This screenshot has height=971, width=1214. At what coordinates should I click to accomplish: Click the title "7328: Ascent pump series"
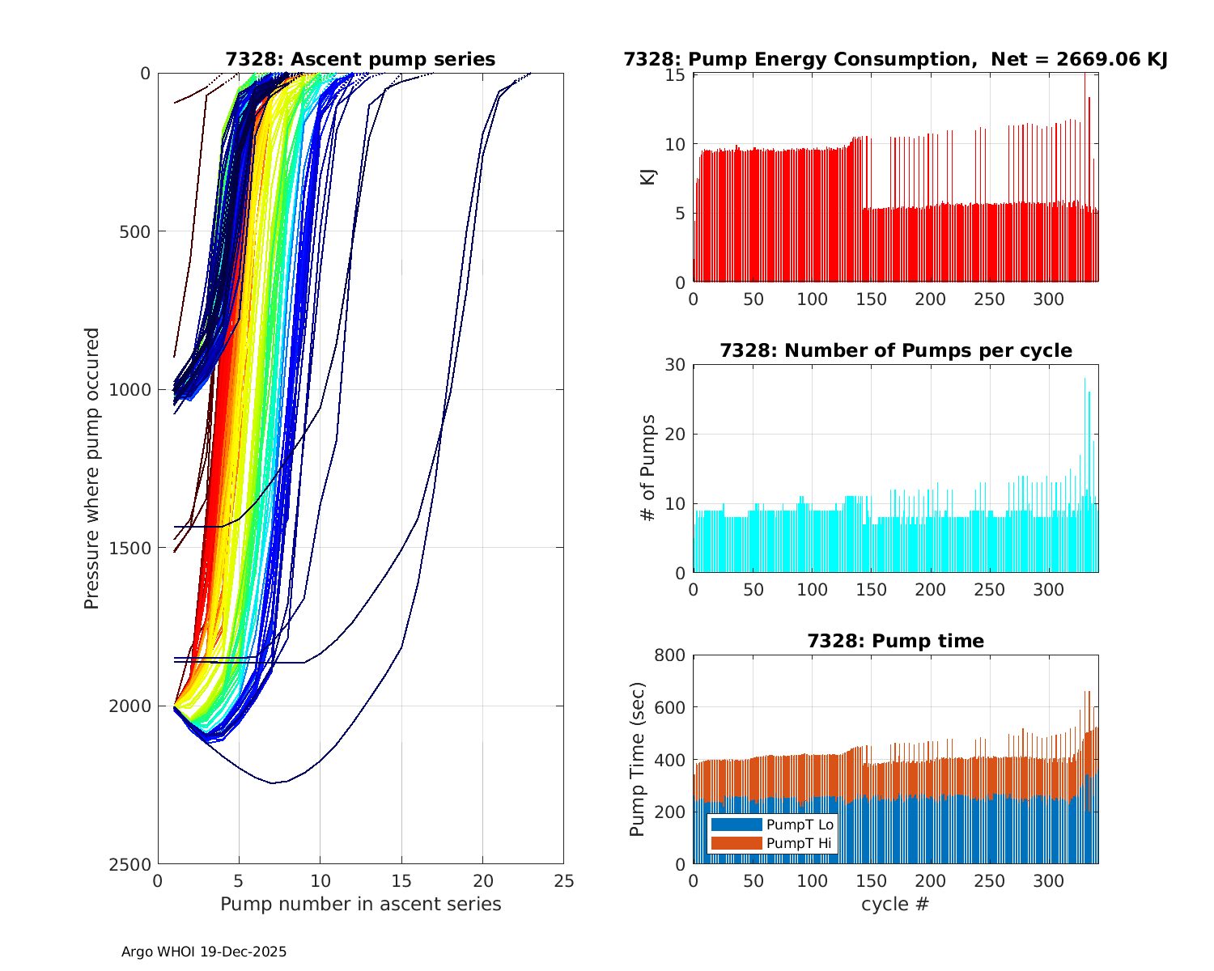[360, 59]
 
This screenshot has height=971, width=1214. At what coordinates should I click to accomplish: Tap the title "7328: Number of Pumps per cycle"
[895, 350]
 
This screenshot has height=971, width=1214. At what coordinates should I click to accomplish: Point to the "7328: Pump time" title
[895, 641]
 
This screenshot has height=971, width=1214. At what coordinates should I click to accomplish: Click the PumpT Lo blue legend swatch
[736, 825]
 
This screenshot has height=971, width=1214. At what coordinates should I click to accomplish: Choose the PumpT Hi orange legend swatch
[736, 843]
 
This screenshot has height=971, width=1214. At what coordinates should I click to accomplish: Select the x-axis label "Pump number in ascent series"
[360, 904]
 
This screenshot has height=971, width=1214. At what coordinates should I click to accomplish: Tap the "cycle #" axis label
[895, 904]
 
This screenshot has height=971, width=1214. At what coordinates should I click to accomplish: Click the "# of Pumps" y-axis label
[648, 468]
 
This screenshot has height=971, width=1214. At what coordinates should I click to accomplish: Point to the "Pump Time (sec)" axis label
[638, 759]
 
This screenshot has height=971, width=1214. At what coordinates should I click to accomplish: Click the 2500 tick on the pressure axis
[133, 864]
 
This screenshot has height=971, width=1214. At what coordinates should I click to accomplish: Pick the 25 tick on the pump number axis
[563, 880]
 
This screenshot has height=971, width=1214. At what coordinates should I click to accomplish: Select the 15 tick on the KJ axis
[677, 75]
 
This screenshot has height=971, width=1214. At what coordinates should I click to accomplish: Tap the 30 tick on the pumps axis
[675, 365]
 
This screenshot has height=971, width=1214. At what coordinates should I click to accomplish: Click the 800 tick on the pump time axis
[670, 655]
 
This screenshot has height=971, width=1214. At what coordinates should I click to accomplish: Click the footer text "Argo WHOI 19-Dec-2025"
[204, 952]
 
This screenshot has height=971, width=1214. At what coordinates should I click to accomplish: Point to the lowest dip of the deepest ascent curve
[272, 782]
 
